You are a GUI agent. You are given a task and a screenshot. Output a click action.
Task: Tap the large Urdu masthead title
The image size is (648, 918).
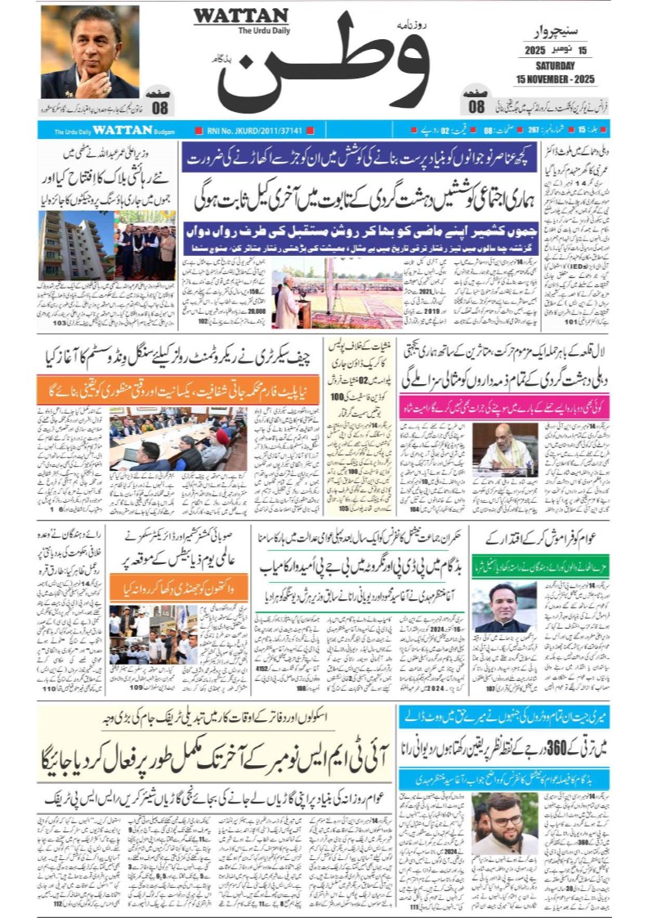tap(327, 65)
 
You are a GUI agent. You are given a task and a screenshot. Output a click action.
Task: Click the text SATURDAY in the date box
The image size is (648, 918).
tap(556, 65)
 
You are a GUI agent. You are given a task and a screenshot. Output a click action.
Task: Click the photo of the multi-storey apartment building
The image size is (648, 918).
tap(75, 245)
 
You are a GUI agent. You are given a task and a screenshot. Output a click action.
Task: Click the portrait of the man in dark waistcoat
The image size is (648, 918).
tap(503, 607)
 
